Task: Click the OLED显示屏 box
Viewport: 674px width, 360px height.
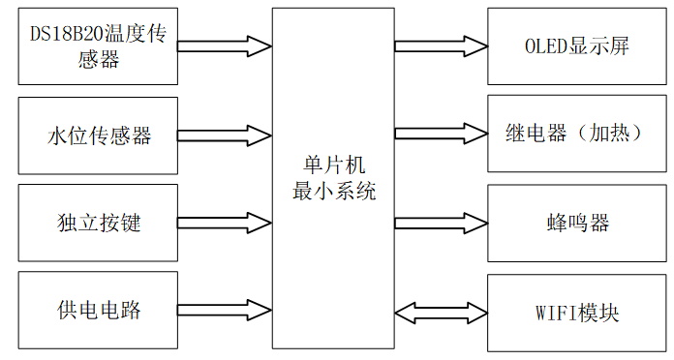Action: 577,46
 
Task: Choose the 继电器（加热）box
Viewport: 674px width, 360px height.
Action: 577,134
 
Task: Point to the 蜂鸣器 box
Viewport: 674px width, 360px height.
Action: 577,223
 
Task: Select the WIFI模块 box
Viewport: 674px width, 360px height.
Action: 577,313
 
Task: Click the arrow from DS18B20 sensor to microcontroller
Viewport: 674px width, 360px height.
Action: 225,46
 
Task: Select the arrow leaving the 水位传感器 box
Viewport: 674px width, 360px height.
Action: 225,135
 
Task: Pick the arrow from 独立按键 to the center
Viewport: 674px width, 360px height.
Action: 225,223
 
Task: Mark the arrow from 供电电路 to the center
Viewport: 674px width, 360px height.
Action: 225,311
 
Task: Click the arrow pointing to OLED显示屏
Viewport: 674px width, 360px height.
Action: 441,46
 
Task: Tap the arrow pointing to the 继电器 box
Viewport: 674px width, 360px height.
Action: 441,134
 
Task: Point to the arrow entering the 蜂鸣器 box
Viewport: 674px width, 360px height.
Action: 441,223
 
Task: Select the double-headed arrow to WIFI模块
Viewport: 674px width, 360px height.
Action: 441,313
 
